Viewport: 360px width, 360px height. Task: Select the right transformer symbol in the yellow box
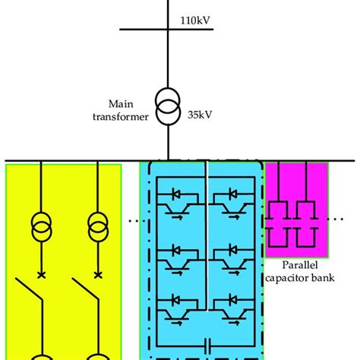click(97, 226)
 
